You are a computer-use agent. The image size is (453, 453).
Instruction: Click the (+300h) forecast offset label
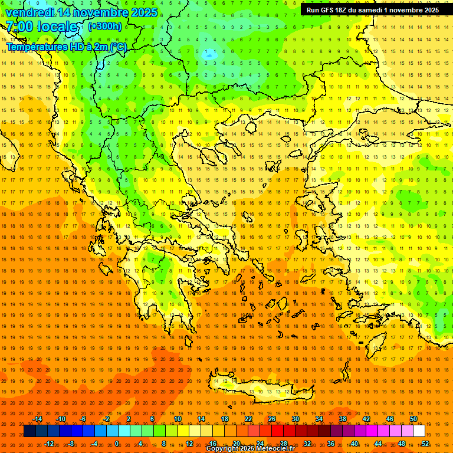pyautogui.click(x=104, y=27)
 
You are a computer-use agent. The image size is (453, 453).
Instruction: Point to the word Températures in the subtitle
pyautogui.click(x=35, y=47)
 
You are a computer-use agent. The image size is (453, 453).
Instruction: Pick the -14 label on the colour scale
pyautogui.click(x=37, y=419)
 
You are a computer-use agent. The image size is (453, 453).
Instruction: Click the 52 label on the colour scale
pyautogui.click(x=425, y=443)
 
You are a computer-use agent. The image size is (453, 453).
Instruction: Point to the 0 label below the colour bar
pyautogui.click(x=116, y=443)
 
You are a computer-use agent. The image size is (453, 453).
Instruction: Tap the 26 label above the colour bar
pyautogui.click(x=272, y=419)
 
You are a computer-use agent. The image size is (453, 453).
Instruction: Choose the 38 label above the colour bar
pyautogui.click(x=343, y=419)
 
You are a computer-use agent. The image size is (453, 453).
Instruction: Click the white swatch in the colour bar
pyautogui.click(x=419, y=431)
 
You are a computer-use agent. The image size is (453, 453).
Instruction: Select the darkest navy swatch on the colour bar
pyautogui.click(x=29, y=431)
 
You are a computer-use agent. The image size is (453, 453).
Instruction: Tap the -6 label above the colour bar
pyautogui.click(x=83, y=419)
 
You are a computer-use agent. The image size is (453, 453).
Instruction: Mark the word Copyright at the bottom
pyautogui.click(x=223, y=449)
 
